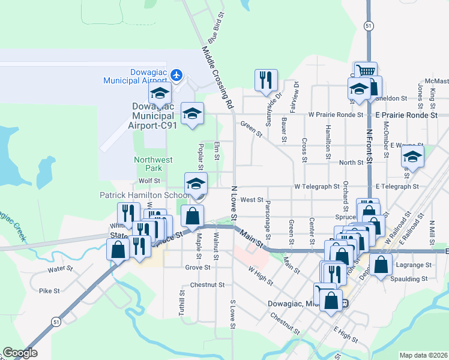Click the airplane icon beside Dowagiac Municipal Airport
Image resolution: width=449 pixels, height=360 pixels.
[176, 75]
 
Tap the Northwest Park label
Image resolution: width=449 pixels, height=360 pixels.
[153, 164]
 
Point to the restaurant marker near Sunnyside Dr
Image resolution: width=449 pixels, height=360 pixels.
[266, 80]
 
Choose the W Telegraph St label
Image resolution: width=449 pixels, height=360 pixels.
[318, 187]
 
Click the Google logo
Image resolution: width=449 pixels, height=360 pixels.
[20, 353]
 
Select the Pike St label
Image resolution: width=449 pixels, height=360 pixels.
[49, 291]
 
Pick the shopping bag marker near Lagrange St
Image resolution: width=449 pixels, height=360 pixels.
[381, 265]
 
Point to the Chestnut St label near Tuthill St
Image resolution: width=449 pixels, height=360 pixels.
[207, 285]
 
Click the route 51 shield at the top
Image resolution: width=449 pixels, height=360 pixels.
[368, 25]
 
